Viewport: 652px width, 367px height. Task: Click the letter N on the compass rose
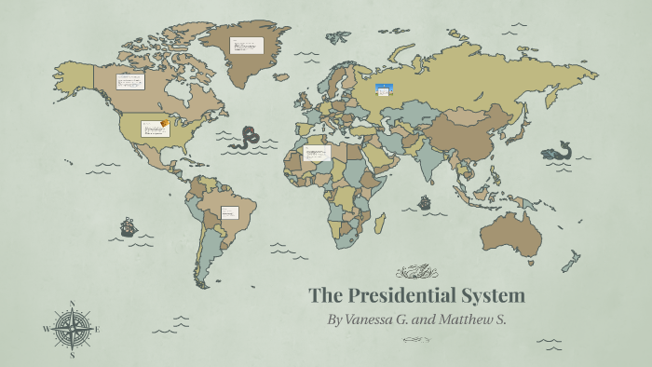pos(73,303)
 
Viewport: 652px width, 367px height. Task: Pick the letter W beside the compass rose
pos(46,329)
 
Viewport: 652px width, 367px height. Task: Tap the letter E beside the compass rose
pos(98,329)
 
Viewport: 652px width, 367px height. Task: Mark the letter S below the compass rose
pos(73,355)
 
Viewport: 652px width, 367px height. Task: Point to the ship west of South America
pos(129,226)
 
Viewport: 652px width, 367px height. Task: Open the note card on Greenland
pos(248,46)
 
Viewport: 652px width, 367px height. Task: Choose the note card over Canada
pos(130,81)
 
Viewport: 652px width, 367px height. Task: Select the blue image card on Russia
pos(384,90)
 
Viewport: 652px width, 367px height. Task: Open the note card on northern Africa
pos(318,152)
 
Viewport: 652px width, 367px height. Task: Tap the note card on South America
pos(229,212)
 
